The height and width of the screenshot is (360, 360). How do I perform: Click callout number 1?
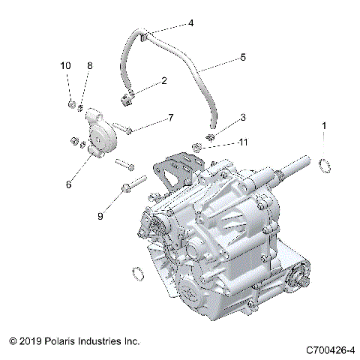(x=325, y=125)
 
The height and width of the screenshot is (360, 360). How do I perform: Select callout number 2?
(x=164, y=80)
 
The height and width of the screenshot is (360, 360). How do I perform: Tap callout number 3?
(x=243, y=118)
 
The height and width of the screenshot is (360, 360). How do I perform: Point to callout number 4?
(x=190, y=23)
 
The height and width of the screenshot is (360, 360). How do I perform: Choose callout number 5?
(x=243, y=56)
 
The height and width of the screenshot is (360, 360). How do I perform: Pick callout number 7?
(x=170, y=118)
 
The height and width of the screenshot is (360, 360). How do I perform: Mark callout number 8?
(x=89, y=67)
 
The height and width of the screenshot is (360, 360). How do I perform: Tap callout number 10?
(x=64, y=67)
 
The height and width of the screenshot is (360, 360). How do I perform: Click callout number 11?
(x=243, y=142)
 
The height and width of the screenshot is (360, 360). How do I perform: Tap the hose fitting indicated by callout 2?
(x=126, y=96)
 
